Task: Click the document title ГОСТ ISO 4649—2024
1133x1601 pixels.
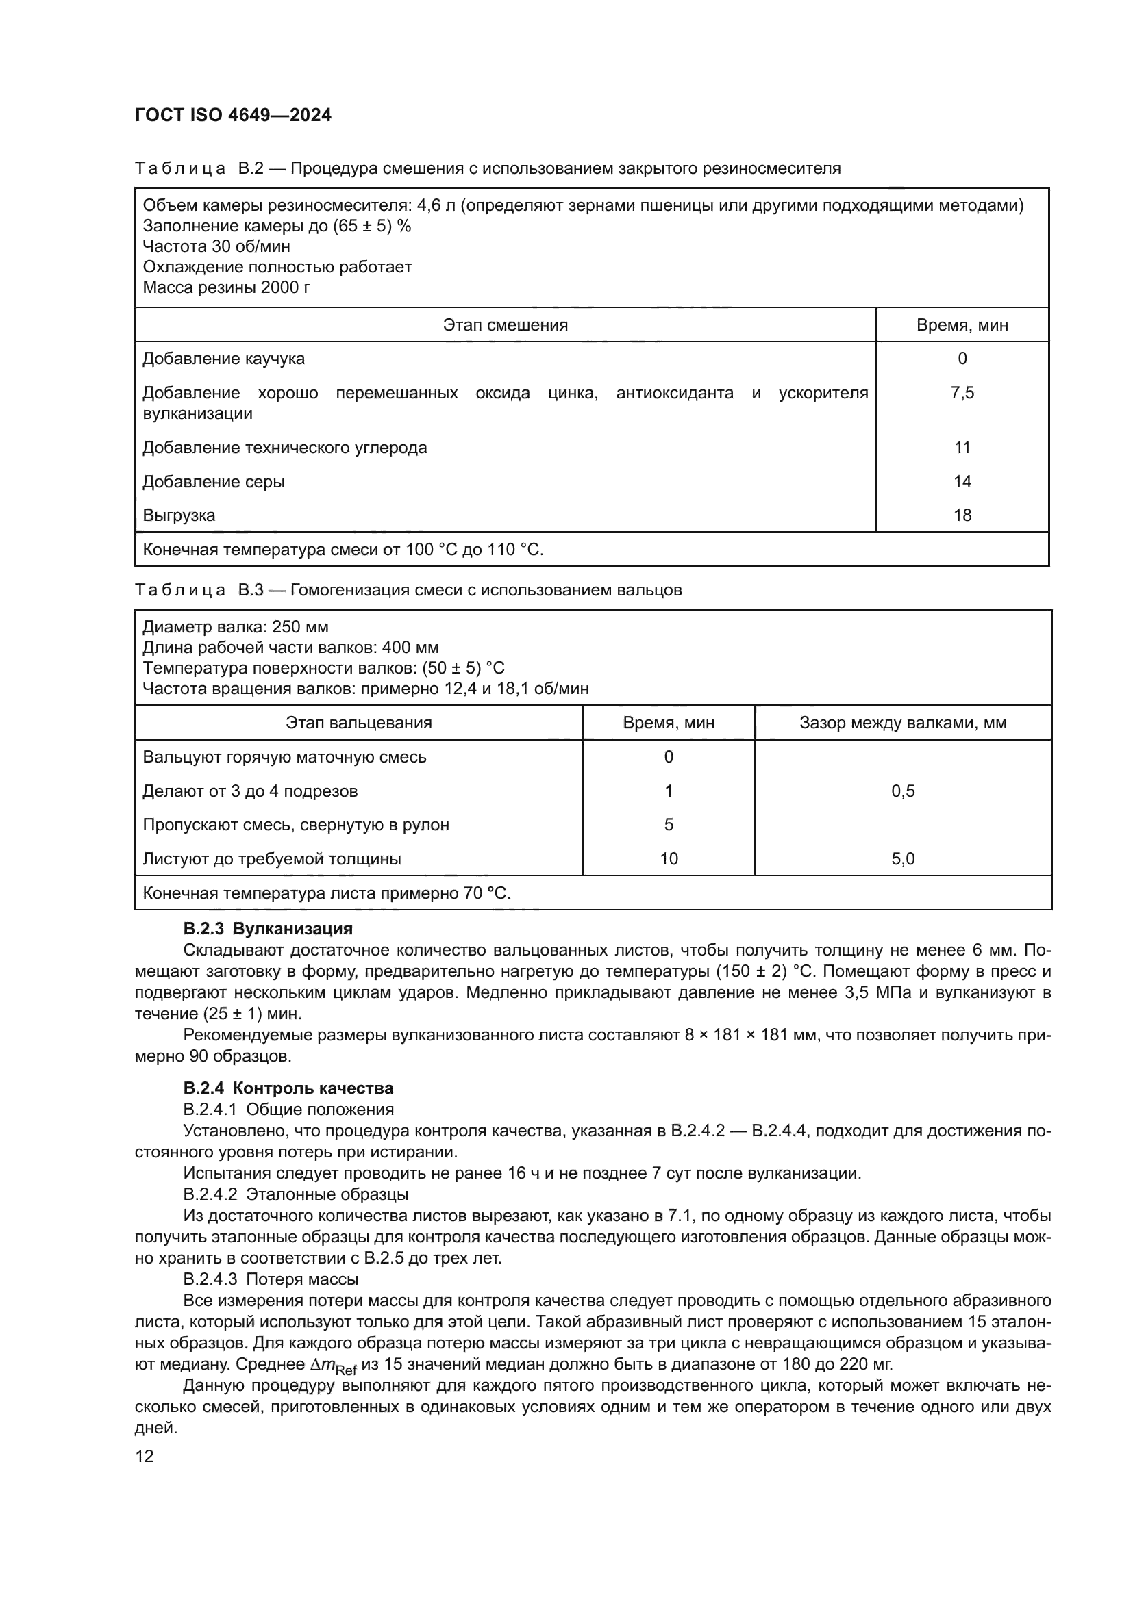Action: pos(233,116)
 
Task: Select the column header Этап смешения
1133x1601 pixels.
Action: pos(505,325)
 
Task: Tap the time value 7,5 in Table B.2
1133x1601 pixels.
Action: pos(962,394)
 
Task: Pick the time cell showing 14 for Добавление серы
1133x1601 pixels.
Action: pos(962,482)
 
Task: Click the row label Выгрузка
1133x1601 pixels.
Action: pos(179,516)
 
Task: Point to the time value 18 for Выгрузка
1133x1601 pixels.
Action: pos(962,516)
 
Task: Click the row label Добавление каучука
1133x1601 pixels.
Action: pos(223,359)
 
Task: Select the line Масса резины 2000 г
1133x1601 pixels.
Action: pos(226,287)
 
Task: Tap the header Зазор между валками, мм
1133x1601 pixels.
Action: pos(903,723)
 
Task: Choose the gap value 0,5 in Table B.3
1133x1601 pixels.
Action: pos(903,791)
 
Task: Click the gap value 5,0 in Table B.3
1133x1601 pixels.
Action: pos(903,859)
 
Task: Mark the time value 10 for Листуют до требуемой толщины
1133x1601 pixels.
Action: pos(669,859)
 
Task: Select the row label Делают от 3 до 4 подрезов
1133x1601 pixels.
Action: pos(250,791)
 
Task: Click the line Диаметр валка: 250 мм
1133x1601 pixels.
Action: pos(235,627)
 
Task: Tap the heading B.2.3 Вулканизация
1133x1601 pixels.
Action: pos(268,930)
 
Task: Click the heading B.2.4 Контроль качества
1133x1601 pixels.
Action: pos(288,1088)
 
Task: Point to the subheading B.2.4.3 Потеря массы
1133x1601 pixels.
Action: pos(271,1279)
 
